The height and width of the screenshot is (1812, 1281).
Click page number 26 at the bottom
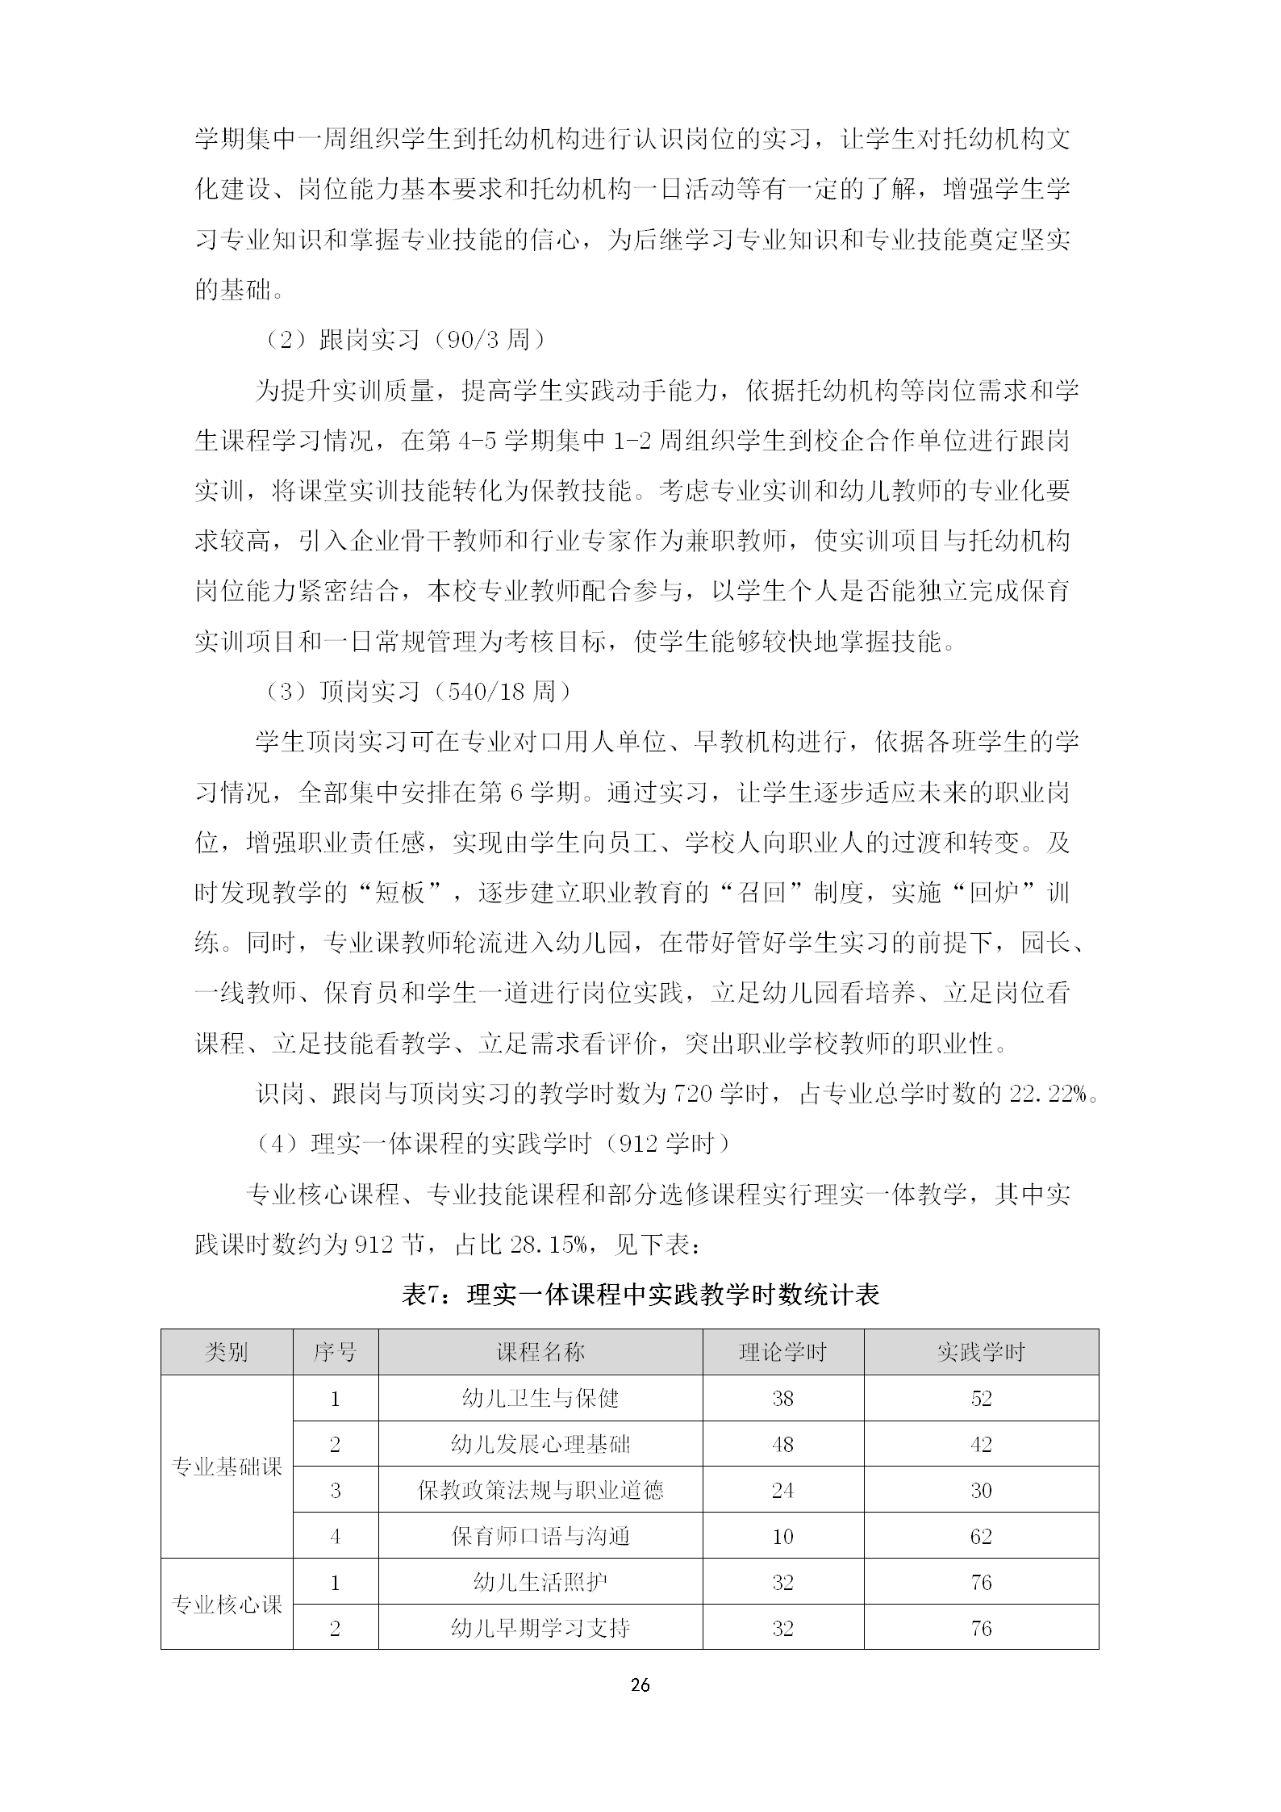point(640,1684)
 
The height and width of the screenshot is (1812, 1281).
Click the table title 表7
point(640,1295)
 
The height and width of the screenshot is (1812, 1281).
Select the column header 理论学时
point(782,1352)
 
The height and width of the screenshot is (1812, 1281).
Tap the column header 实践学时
point(980,1352)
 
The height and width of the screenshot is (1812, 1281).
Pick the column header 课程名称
point(540,1352)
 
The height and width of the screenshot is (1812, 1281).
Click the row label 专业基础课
point(227,1467)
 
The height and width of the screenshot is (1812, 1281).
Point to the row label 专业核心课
point(227,1604)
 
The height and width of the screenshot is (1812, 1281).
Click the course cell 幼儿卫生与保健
point(540,1398)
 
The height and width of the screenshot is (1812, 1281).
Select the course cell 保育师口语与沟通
point(540,1536)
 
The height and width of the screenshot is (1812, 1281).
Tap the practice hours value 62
point(981,1536)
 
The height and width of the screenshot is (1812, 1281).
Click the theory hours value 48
point(782,1444)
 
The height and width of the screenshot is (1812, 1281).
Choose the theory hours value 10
point(782,1536)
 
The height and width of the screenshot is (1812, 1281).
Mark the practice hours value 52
point(981,1398)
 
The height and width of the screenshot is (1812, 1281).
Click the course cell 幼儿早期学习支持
point(540,1628)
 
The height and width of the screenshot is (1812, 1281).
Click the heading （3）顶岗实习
point(415,692)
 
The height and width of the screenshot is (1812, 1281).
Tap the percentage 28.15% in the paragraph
point(549,1245)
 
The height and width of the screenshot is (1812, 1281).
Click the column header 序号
point(335,1352)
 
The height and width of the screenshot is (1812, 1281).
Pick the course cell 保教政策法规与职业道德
point(540,1490)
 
